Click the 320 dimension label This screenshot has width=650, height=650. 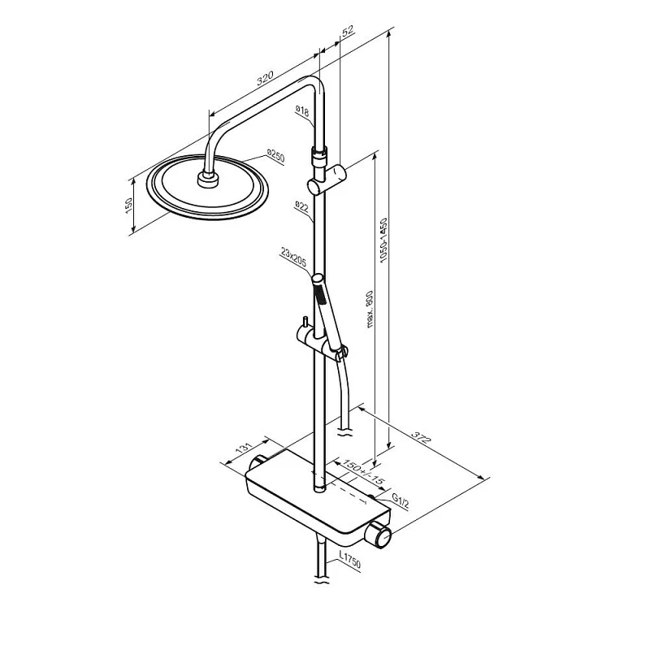coord(264,80)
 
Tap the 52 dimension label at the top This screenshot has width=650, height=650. coord(349,32)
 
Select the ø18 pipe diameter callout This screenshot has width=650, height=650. coord(301,113)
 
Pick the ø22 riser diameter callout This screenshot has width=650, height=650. coord(301,206)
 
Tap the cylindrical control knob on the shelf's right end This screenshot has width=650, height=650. coord(379,533)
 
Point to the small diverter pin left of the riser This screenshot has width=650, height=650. coord(303,323)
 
